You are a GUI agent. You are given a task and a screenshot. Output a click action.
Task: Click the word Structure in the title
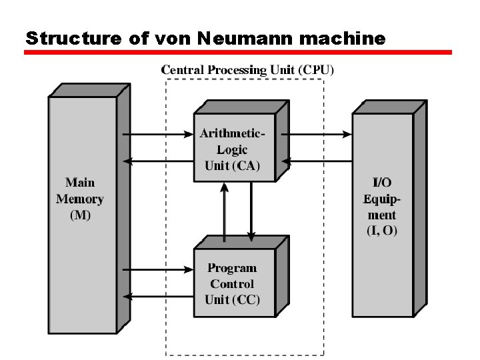(x=72, y=38)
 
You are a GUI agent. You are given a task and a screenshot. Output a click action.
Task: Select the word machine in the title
(x=343, y=38)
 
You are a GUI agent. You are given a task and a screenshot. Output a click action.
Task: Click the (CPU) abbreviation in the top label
(x=316, y=69)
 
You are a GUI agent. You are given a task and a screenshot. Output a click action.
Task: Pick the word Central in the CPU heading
(x=183, y=69)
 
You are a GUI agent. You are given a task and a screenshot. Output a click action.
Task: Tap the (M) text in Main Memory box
(x=80, y=215)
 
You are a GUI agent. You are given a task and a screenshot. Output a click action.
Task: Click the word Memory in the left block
(x=80, y=199)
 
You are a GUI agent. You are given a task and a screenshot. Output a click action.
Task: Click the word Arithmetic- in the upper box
(x=233, y=133)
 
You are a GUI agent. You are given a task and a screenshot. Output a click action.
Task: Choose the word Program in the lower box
(x=232, y=268)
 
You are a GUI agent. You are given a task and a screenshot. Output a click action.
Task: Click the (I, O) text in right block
(x=382, y=231)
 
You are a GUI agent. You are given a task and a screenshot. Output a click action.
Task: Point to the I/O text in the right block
(x=382, y=182)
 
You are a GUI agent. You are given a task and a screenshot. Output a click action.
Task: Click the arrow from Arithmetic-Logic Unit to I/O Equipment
(x=318, y=134)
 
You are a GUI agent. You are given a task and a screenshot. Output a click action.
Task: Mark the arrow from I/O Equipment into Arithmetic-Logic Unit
(x=318, y=161)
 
